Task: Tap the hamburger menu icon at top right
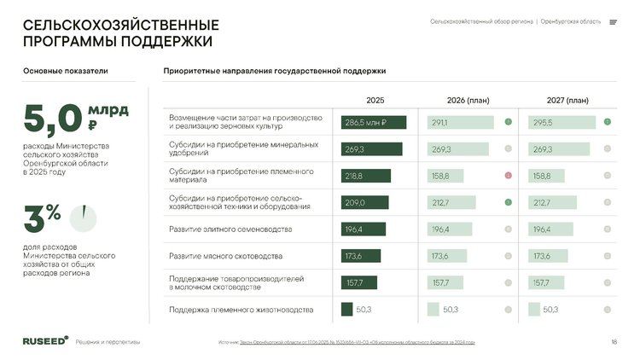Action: [x=613, y=22]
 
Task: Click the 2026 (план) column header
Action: [x=468, y=100]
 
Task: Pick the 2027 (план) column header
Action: [x=567, y=100]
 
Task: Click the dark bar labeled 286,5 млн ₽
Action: [x=374, y=123]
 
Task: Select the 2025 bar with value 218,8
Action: [x=365, y=176]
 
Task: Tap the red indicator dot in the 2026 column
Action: [x=508, y=176]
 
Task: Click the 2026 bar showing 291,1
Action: [x=460, y=123]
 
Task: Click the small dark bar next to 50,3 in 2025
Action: [x=346, y=309]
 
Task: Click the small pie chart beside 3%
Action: [x=83, y=218]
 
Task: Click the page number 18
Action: [x=614, y=342]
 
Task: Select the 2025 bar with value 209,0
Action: [x=364, y=203]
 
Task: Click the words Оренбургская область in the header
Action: [x=571, y=22]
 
